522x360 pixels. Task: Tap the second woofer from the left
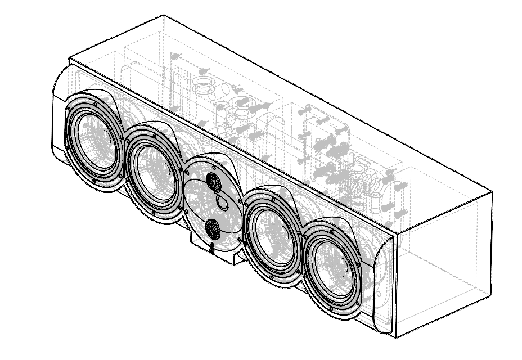pyautogui.click(x=153, y=172)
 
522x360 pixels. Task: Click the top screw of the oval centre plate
pyautogui.click(x=214, y=166)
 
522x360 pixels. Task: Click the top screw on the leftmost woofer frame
pyautogui.click(x=96, y=104)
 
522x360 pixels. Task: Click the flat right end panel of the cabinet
pyautogui.click(x=444, y=264)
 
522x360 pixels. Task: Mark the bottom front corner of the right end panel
pyautogui.click(x=396, y=338)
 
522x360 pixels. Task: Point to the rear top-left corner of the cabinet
pyautogui.click(x=163, y=15)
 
